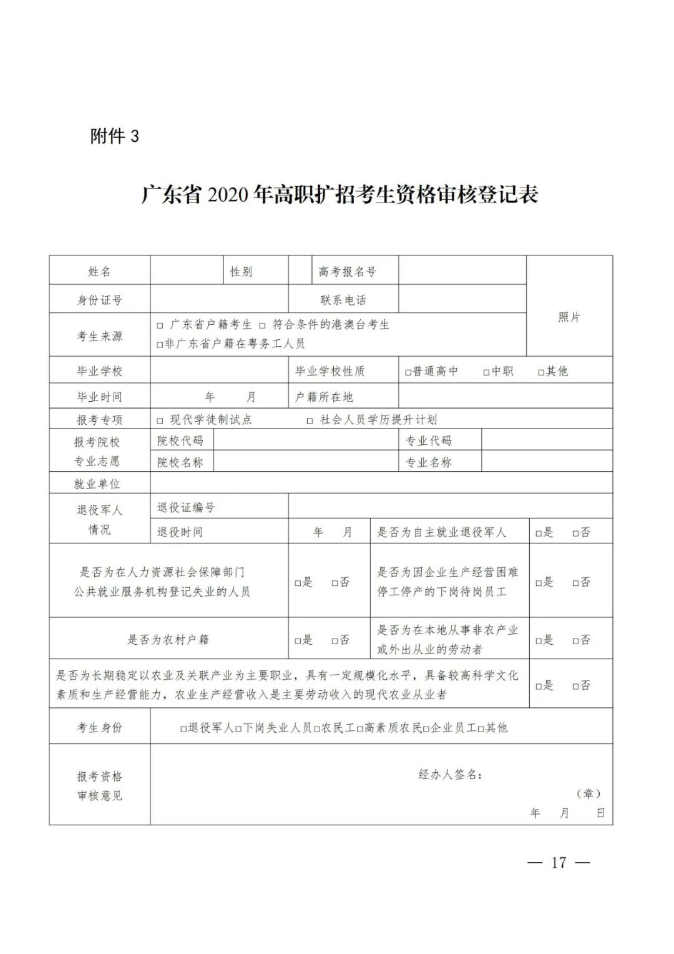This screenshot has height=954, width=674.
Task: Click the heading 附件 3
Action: point(114,136)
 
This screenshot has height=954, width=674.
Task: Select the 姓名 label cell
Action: point(99,272)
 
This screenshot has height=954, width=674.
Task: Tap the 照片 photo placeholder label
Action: point(569,317)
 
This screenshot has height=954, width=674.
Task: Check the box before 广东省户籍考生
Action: point(160,325)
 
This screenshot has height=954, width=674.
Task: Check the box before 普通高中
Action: point(408,372)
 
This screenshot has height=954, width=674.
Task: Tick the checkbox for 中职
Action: point(486,372)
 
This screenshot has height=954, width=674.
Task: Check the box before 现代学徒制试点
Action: point(160,420)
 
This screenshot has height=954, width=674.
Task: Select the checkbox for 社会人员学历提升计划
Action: point(310,420)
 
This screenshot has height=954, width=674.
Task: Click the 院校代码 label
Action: point(180,441)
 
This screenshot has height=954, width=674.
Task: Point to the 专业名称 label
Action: point(429,462)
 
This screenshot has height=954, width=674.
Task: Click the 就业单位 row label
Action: point(97,484)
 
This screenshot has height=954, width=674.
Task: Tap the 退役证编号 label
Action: point(186,508)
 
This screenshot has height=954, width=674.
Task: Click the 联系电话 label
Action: point(343,301)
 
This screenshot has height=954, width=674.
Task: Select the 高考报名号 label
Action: point(348,272)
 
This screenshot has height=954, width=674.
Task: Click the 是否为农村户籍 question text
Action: point(168,640)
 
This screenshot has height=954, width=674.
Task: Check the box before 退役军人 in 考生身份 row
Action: point(183,728)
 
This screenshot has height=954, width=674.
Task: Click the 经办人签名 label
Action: point(450,775)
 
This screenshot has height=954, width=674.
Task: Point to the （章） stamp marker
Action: point(589,793)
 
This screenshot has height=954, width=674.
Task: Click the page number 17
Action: point(559,863)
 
